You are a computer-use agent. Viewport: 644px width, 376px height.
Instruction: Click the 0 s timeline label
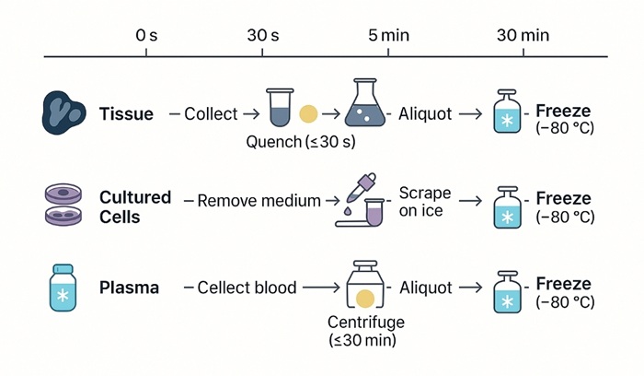(145, 35)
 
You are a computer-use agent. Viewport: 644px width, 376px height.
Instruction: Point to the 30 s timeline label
(263, 35)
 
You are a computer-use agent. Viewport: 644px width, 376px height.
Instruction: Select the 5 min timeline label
(388, 35)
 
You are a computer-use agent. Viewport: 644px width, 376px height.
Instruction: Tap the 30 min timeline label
(523, 35)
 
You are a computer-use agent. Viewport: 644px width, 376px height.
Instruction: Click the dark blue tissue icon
(63, 112)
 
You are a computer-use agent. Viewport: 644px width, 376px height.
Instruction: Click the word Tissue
(126, 114)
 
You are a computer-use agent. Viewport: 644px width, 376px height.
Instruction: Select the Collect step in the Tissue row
(210, 114)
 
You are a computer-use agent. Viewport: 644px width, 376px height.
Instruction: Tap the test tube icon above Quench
(278, 109)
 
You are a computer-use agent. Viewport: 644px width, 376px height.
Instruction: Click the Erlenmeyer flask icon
(366, 105)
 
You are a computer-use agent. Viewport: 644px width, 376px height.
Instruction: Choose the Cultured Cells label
(135, 206)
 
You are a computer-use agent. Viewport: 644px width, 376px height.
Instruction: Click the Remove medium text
(259, 201)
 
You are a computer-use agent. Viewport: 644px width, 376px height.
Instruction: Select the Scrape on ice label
(424, 202)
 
